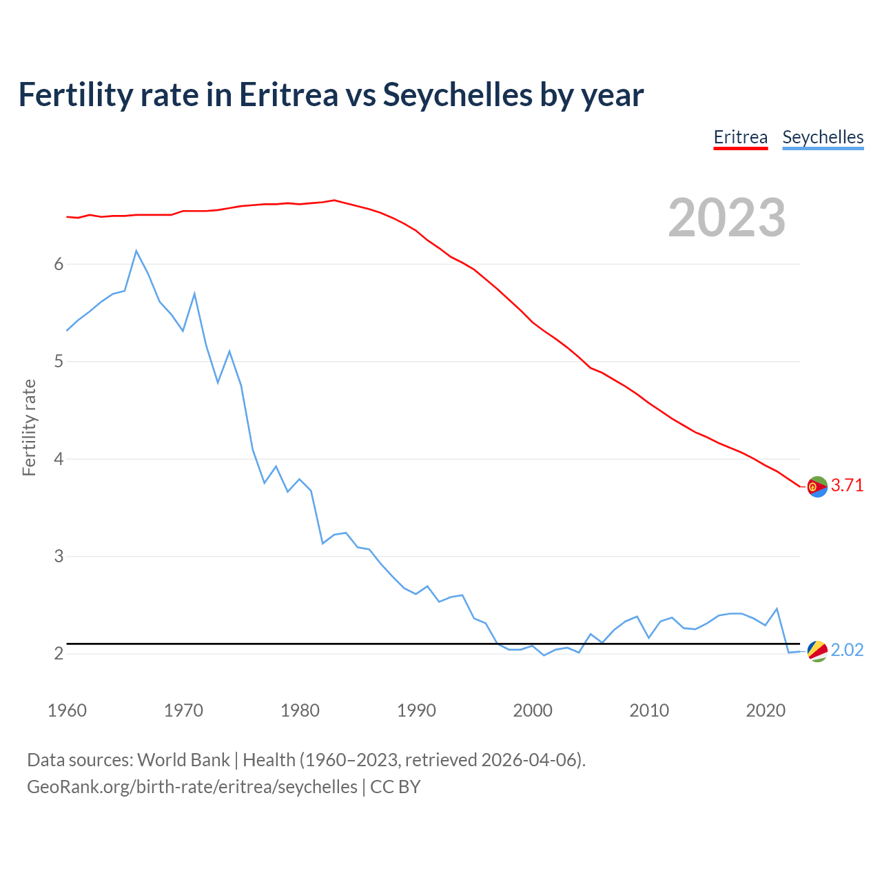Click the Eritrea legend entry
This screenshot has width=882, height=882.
[740, 137]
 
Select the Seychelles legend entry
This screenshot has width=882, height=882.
[823, 137]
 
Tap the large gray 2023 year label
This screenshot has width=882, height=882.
[727, 218]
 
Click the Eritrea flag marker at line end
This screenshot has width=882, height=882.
[817, 486]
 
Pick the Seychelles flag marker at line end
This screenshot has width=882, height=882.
[817, 651]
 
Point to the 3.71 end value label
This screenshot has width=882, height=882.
[847, 486]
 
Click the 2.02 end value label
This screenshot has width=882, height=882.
[847, 650]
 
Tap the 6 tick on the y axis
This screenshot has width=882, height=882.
[59, 265]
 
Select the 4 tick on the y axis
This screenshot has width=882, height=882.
[59, 459]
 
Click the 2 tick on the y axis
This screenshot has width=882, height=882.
[59, 653]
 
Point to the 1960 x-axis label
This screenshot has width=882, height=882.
[67, 710]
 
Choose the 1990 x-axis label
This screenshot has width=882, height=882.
[416, 710]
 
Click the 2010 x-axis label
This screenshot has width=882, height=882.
[649, 710]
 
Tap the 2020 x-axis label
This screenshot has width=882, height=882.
[766, 710]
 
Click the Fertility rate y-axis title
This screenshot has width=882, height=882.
[29, 427]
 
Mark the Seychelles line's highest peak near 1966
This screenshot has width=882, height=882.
[136, 251]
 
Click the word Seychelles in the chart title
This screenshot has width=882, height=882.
[458, 94]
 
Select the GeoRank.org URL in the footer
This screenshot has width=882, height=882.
[192, 787]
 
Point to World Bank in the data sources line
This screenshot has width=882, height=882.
[183, 760]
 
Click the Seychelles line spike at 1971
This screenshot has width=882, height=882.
[194, 294]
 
